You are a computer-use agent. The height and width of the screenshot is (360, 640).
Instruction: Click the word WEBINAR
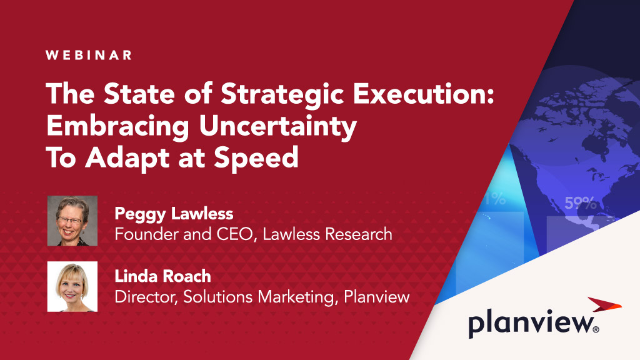pos(89,55)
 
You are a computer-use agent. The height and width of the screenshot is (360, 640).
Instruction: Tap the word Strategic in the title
pos(282,94)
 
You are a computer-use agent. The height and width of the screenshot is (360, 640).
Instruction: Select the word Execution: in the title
pos(424,94)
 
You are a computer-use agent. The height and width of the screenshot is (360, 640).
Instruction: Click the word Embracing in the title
pos(117,126)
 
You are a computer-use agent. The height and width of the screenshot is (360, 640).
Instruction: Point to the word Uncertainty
pos(278,126)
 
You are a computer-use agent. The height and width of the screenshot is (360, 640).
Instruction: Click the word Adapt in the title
pos(127,158)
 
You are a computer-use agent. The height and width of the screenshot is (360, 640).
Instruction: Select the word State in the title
pos(139,94)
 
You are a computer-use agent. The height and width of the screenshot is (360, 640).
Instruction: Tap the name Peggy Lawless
pos(174,214)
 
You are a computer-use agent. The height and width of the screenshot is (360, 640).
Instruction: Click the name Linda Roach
pos(163,276)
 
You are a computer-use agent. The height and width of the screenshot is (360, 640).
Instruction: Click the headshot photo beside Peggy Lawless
pos(72,221)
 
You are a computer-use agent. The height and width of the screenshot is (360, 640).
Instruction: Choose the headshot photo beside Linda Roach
pos(72,286)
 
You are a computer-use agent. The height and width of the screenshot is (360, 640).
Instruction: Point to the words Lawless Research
pos(327,234)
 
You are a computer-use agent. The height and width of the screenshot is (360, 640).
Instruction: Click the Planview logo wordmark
pos(531,324)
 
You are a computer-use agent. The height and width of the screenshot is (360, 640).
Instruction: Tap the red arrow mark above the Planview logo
pos(604,304)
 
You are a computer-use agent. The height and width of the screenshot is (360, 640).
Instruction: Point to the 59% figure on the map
pos(581,203)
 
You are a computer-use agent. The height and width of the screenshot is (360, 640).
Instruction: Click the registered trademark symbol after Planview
pos(596,329)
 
